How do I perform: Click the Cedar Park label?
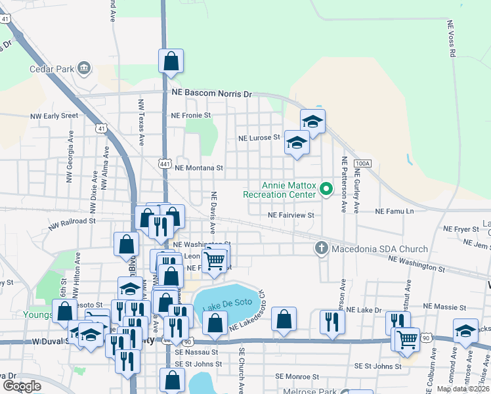click(51, 68)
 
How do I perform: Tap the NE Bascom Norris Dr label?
click(211, 94)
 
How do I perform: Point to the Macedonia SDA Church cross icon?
click(321, 248)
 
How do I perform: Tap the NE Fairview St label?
click(291, 215)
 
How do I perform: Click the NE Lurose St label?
click(259, 139)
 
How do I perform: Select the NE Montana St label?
click(200, 168)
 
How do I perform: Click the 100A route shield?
click(362, 163)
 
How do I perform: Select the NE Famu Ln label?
click(395, 211)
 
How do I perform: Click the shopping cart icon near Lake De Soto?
click(215, 260)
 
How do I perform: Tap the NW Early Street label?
click(54, 116)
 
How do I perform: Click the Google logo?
click(22, 386)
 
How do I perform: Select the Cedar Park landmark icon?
click(84, 68)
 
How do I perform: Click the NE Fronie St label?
click(190, 115)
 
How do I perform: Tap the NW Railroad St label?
click(72, 221)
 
